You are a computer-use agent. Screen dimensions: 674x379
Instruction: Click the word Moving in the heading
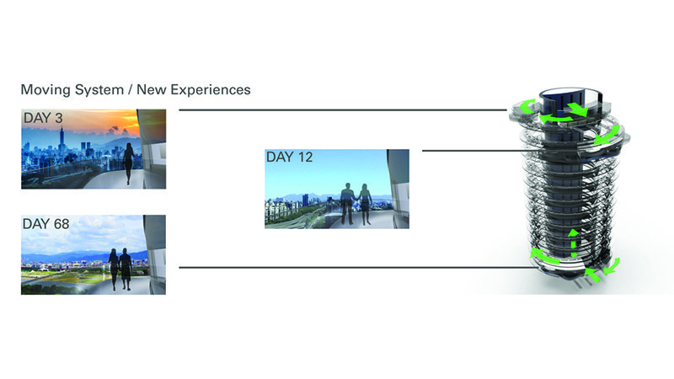[x=45, y=90]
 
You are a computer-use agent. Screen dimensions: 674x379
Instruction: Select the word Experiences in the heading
[x=211, y=89]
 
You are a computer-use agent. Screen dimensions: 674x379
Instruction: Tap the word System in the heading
[x=99, y=90]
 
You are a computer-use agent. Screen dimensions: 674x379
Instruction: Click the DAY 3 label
[x=43, y=118]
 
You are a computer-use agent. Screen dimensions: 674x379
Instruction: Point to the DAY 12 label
[x=289, y=157]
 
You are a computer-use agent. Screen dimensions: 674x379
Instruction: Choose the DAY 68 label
[x=46, y=224]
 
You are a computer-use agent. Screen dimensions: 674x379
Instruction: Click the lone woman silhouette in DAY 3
[x=128, y=163]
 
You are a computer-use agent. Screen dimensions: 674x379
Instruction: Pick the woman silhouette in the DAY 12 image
[x=366, y=205]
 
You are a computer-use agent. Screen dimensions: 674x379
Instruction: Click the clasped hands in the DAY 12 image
[x=356, y=199]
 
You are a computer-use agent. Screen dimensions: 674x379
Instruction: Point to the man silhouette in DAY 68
[x=125, y=269]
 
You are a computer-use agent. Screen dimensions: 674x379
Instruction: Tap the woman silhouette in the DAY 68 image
[x=114, y=270]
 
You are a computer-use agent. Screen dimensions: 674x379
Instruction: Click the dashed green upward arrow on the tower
[x=573, y=243]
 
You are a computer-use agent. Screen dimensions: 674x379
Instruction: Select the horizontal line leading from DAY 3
[x=343, y=110]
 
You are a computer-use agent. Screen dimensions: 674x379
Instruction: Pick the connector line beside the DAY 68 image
[x=356, y=268]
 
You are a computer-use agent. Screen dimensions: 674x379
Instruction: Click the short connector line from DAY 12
[x=473, y=151]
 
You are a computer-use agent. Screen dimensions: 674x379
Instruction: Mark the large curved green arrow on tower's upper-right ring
[x=608, y=135]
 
